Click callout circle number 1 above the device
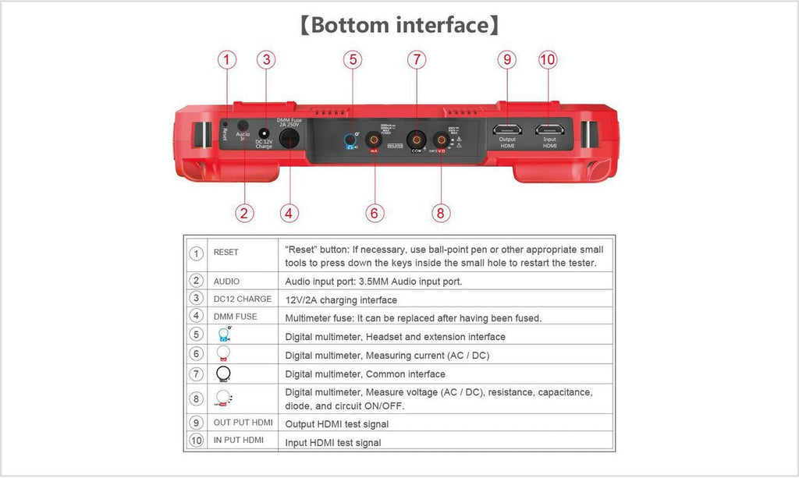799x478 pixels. point(227,59)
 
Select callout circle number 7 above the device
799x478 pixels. point(417,59)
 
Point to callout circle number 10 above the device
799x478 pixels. point(548,59)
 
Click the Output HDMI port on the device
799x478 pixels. point(507,127)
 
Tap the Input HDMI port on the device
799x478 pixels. point(550,127)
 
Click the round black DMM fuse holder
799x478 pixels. point(290,140)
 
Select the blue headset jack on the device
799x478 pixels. point(351,141)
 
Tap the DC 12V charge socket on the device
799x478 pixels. point(265,134)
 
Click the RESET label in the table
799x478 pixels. point(226,253)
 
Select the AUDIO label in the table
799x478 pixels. point(226,281)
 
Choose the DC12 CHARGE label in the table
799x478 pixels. point(243,299)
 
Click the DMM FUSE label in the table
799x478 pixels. point(235,317)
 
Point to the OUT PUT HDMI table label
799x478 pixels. point(243,422)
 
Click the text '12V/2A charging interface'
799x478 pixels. point(341,300)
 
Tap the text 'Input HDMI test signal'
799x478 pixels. point(333,443)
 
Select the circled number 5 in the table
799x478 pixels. point(196,336)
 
